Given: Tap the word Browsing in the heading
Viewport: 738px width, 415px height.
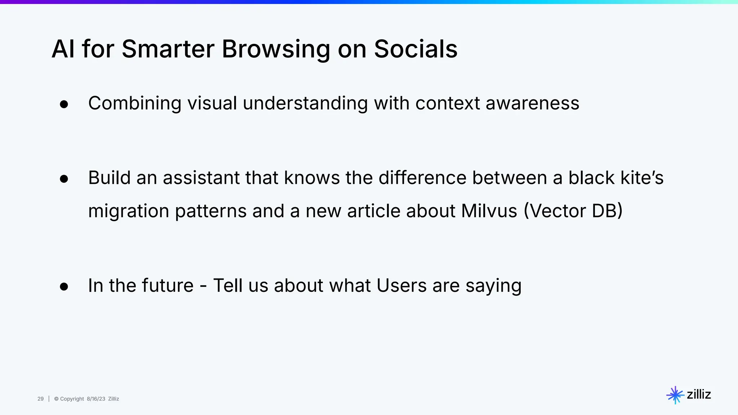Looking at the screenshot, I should tap(276, 49).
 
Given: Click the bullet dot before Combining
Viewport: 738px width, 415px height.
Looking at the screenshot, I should tap(64, 104).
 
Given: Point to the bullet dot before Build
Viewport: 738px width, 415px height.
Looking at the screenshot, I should tap(64, 179).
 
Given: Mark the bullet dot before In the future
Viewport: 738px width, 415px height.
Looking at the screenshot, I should tap(64, 287).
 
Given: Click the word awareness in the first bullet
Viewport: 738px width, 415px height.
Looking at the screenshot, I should tap(532, 103).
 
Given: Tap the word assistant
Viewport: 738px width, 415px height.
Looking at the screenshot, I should tap(201, 178).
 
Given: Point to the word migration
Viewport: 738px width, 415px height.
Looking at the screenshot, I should tap(129, 211).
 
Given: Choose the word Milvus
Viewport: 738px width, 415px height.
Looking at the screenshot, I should tap(489, 211).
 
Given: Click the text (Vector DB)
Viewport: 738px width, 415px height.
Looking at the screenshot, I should tap(573, 211).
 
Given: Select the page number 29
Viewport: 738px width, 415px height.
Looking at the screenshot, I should tap(40, 399).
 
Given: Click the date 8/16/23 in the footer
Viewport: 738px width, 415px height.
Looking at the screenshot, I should tap(96, 399).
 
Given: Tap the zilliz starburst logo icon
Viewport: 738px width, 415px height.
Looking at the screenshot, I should tap(675, 395).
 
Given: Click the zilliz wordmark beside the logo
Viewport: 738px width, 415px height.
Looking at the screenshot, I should tap(699, 394).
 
